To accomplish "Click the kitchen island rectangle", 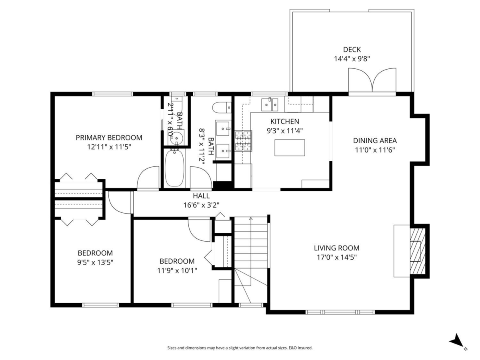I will coord(290,148).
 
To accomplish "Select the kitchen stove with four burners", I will coord(244,141).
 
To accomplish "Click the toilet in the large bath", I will coord(221,107).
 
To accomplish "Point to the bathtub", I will coord(174,168).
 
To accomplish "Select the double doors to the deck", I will coord(372,81).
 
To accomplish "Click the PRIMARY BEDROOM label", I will coord(109,138).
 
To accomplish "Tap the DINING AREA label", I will coord(374,140).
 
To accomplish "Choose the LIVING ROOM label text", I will coord(336,248).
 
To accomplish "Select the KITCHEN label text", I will coord(284,121).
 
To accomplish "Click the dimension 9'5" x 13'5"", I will coord(95,262).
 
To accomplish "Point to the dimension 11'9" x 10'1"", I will coord(177,270).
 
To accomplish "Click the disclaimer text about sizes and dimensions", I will coord(240,348).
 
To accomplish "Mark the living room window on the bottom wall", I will coord(340,311).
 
